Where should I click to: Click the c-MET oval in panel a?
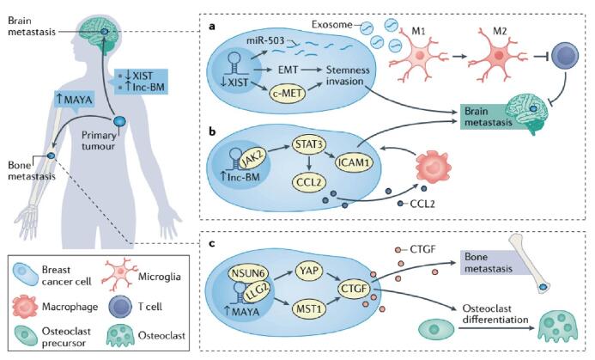pyautogui.click(x=288, y=93)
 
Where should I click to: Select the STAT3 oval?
pyautogui.click(x=309, y=144)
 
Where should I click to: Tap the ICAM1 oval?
pyautogui.click(x=354, y=162)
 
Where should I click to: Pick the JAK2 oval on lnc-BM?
pyautogui.click(x=252, y=159)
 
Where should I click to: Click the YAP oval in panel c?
pyautogui.click(x=310, y=272)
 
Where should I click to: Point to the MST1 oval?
pyautogui.click(x=309, y=308)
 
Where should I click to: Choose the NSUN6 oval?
pyautogui.click(x=248, y=273)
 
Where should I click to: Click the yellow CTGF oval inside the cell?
pyautogui.click(x=353, y=289)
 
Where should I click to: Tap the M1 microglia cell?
pyautogui.click(x=420, y=56)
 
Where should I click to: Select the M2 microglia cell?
pyautogui.click(x=499, y=56)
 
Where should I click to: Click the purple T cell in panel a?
pyautogui.click(x=565, y=56)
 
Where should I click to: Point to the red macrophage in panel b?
pyautogui.click(x=434, y=166)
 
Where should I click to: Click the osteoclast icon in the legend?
pyautogui.click(x=120, y=335)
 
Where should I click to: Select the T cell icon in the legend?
pyautogui.click(x=120, y=306)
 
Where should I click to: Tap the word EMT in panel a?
pyautogui.click(x=288, y=70)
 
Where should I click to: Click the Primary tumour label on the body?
pyautogui.click(x=99, y=141)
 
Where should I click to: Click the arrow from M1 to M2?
pyautogui.click(x=458, y=57)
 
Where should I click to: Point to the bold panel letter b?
pyautogui.click(x=212, y=131)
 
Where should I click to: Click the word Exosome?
pyautogui.click(x=332, y=25)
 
